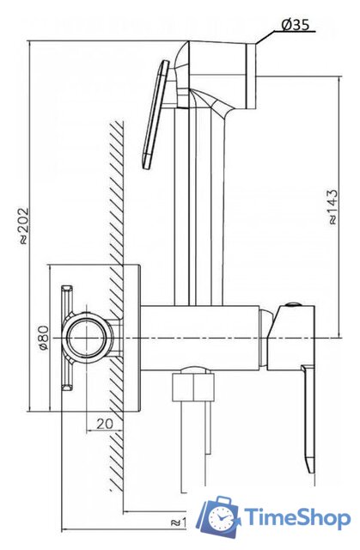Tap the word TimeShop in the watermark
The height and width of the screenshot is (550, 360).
(297, 517)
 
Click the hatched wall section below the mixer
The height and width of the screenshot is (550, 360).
(119, 447)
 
